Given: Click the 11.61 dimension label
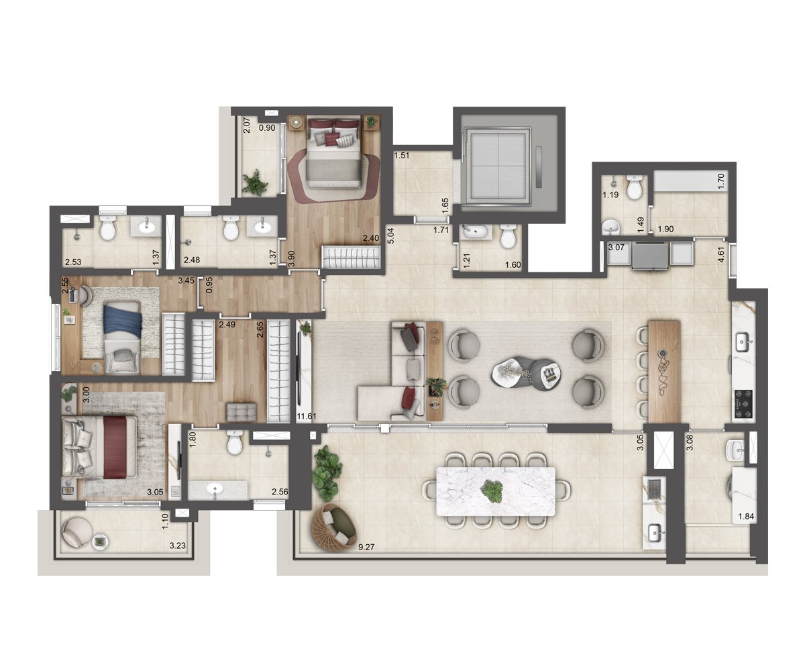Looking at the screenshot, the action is (x=307, y=416).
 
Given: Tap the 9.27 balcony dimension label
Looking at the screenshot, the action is (x=366, y=547).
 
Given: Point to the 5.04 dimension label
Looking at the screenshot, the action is (x=390, y=236).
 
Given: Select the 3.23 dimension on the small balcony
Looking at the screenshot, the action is (x=177, y=546).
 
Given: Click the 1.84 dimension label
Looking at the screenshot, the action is (x=745, y=517).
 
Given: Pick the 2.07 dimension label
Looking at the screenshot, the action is (x=247, y=125).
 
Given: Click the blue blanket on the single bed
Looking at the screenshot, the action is (x=123, y=319).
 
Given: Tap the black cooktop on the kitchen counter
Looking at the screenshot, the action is (x=743, y=404).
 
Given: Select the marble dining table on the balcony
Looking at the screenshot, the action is (x=496, y=491).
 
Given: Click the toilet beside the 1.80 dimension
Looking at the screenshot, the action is (x=235, y=442).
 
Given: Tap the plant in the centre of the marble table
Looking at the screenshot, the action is (x=492, y=492).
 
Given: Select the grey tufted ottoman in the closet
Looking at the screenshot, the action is (x=241, y=412).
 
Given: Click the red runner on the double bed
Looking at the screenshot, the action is (x=115, y=448).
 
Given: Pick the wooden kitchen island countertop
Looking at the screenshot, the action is (x=664, y=371).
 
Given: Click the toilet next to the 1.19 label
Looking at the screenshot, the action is (x=634, y=187).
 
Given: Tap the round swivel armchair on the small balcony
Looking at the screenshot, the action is (x=76, y=532).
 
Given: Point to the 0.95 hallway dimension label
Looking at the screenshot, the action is (x=209, y=285).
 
